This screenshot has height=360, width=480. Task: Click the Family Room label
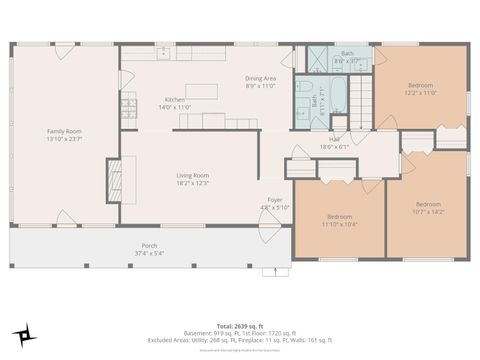pos(63,135)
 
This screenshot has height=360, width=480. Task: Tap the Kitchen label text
pos(176,103)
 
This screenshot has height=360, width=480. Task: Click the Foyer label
pos(276,204)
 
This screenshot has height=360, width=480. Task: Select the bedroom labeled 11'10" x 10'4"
pos(340,220)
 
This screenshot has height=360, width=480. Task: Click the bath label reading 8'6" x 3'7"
pos(347,57)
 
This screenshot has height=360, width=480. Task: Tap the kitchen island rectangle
pos(201,92)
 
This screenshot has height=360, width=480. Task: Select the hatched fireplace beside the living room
pos(114,180)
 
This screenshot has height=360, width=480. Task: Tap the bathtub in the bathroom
pos(334,100)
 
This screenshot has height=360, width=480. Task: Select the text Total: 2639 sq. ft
pos(240,326)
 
